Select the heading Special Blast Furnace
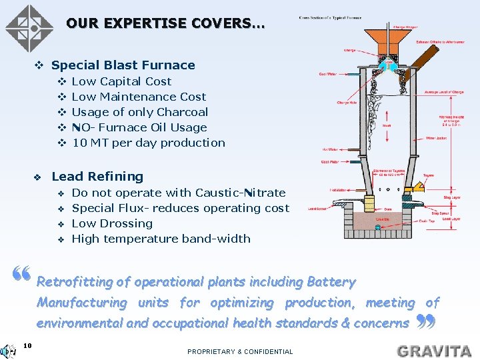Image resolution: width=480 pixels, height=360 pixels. click(123, 65)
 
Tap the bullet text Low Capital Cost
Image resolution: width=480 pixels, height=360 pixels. click(121, 81)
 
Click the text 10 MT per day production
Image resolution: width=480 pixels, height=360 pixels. click(148, 143)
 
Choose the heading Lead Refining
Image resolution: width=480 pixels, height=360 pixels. click(97, 177)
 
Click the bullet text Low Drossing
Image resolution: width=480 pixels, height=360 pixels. click(112, 223)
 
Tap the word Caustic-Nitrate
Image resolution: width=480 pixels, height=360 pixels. click(240, 193)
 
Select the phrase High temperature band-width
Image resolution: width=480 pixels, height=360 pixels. click(161, 239)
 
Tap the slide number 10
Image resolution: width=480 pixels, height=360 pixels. click(27, 345)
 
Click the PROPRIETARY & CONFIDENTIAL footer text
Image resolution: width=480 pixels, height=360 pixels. click(240, 351)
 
